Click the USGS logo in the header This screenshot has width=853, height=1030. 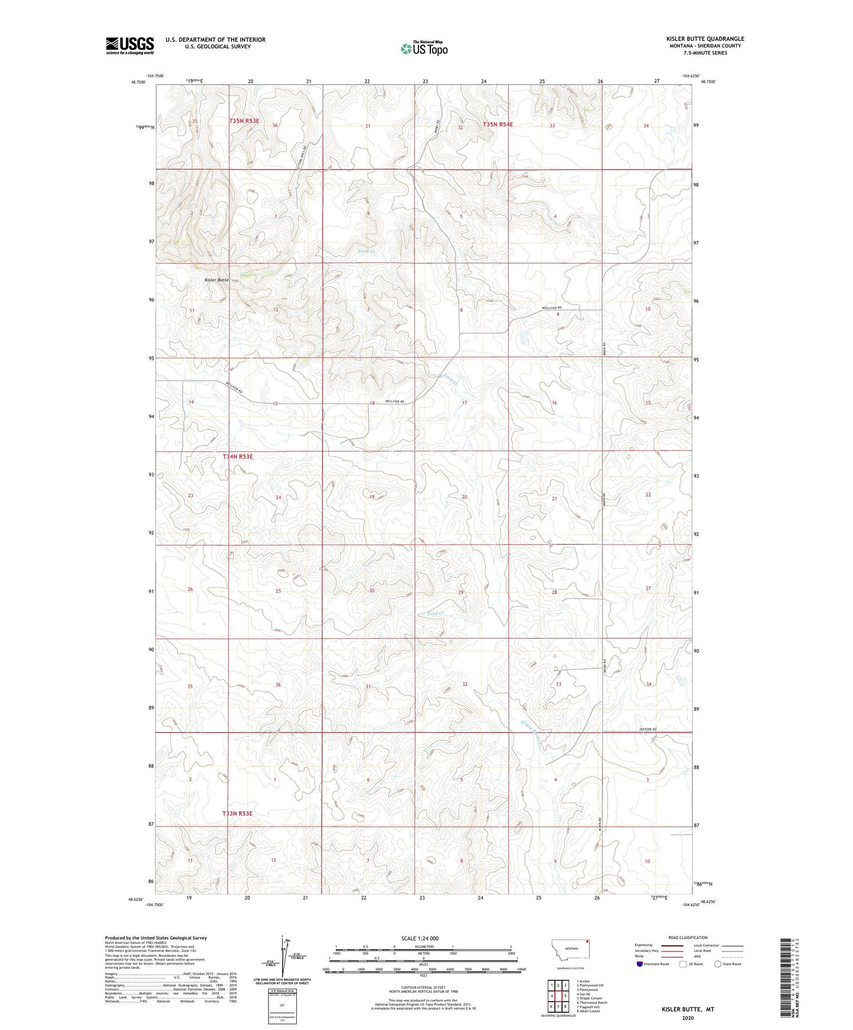coord(129,45)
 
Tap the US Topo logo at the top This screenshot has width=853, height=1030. coord(423,48)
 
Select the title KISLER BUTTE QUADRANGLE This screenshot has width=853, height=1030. coord(705,39)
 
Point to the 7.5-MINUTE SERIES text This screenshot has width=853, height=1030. coord(705,53)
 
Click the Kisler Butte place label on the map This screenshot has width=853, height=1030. coord(216,280)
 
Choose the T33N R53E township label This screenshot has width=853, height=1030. coord(237,813)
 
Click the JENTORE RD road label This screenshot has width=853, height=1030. coord(648,730)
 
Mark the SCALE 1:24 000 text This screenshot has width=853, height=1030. coord(419,939)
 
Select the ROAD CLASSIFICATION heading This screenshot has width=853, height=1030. coord(688,937)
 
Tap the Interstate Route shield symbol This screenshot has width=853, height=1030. coord(641,964)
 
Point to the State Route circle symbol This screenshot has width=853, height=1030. coord(718,964)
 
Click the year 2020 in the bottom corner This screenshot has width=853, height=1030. coord(688,1018)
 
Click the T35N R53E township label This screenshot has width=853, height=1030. coord(244,121)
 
